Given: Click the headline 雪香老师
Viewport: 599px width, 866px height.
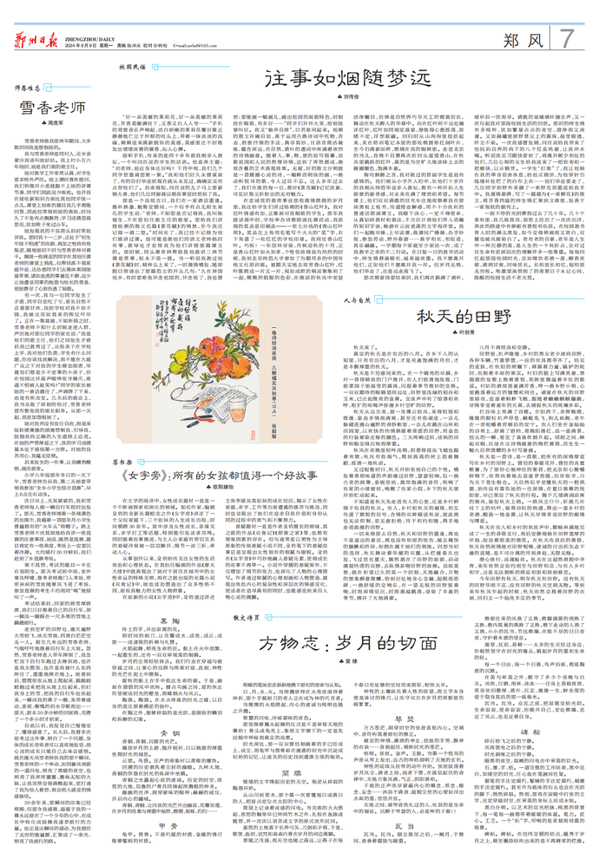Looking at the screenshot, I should click(53, 110).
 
